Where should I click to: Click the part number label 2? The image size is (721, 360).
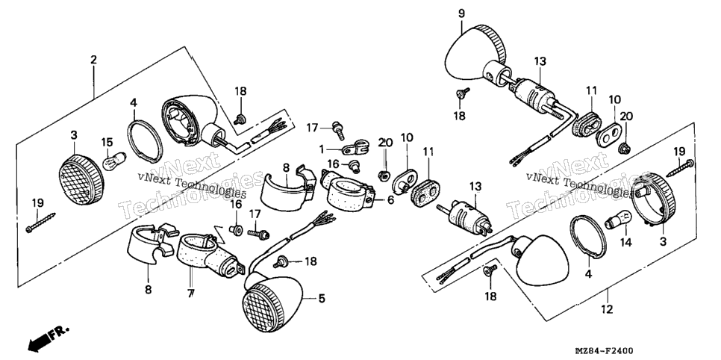94,60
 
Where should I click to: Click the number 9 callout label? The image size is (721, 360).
461,13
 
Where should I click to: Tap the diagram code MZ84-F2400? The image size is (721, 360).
603,351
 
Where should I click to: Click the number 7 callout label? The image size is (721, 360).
190,293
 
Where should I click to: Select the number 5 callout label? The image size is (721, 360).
322,299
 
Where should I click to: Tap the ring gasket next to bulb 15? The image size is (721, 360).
146,140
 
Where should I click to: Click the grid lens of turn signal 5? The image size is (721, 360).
260,308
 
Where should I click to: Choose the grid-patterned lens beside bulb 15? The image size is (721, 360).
81,179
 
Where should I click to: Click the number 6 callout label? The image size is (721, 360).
390,201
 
